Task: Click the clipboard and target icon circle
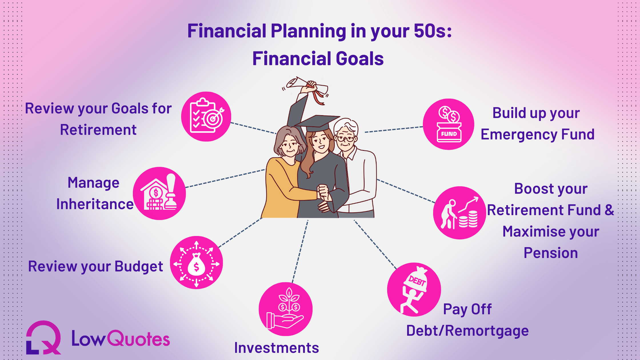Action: pyautogui.click(x=206, y=117)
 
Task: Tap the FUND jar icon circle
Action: pyautogui.click(x=449, y=124)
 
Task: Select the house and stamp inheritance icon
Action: pyautogui.click(x=159, y=193)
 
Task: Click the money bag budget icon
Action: pyautogui.click(x=197, y=263)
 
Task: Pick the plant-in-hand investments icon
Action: pyautogui.click(x=286, y=309)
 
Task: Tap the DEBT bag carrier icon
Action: pyautogui.click(x=414, y=289)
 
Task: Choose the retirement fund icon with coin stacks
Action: pyautogui.click(x=460, y=213)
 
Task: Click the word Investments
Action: pyautogui.click(x=277, y=348)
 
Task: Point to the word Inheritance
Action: pyautogui.click(x=95, y=204)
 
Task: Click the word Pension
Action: pyautogui.click(x=551, y=253)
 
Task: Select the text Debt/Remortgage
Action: pyautogui.click(x=467, y=331)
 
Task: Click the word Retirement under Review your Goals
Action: pyautogui.click(x=98, y=130)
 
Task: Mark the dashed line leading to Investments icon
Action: pyautogui.click(x=300, y=251)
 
